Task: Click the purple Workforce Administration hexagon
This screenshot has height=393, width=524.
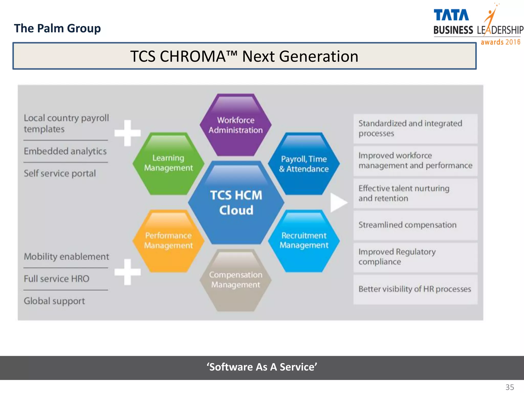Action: click(x=235, y=125)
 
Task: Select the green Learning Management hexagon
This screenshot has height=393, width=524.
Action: click(x=168, y=163)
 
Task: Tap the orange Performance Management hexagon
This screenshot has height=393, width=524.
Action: click(x=168, y=241)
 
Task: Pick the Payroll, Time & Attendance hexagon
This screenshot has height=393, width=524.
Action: click(x=304, y=164)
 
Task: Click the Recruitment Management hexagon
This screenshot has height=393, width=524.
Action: click(x=304, y=241)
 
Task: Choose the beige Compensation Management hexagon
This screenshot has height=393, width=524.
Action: click(x=235, y=280)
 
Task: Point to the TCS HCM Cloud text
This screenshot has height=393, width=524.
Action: click(x=236, y=202)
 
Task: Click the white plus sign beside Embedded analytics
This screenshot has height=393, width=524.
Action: click(x=127, y=133)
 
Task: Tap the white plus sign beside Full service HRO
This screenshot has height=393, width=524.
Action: click(x=127, y=272)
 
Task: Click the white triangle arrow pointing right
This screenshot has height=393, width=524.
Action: click(x=338, y=203)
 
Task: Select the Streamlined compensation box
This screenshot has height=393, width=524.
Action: click(x=415, y=225)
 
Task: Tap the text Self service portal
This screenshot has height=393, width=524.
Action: click(x=60, y=173)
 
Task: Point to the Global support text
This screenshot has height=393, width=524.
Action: click(x=54, y=301)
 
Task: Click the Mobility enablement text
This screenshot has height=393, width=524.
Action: click(x=67, y=257)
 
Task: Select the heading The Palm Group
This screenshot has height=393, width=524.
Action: click(x=57, y=28)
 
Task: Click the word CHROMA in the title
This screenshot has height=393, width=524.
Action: click(x=192, y=56)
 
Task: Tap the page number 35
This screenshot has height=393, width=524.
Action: click(x=510, y=387)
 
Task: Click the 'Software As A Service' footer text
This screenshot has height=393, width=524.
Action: click(x=262, y=367)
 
